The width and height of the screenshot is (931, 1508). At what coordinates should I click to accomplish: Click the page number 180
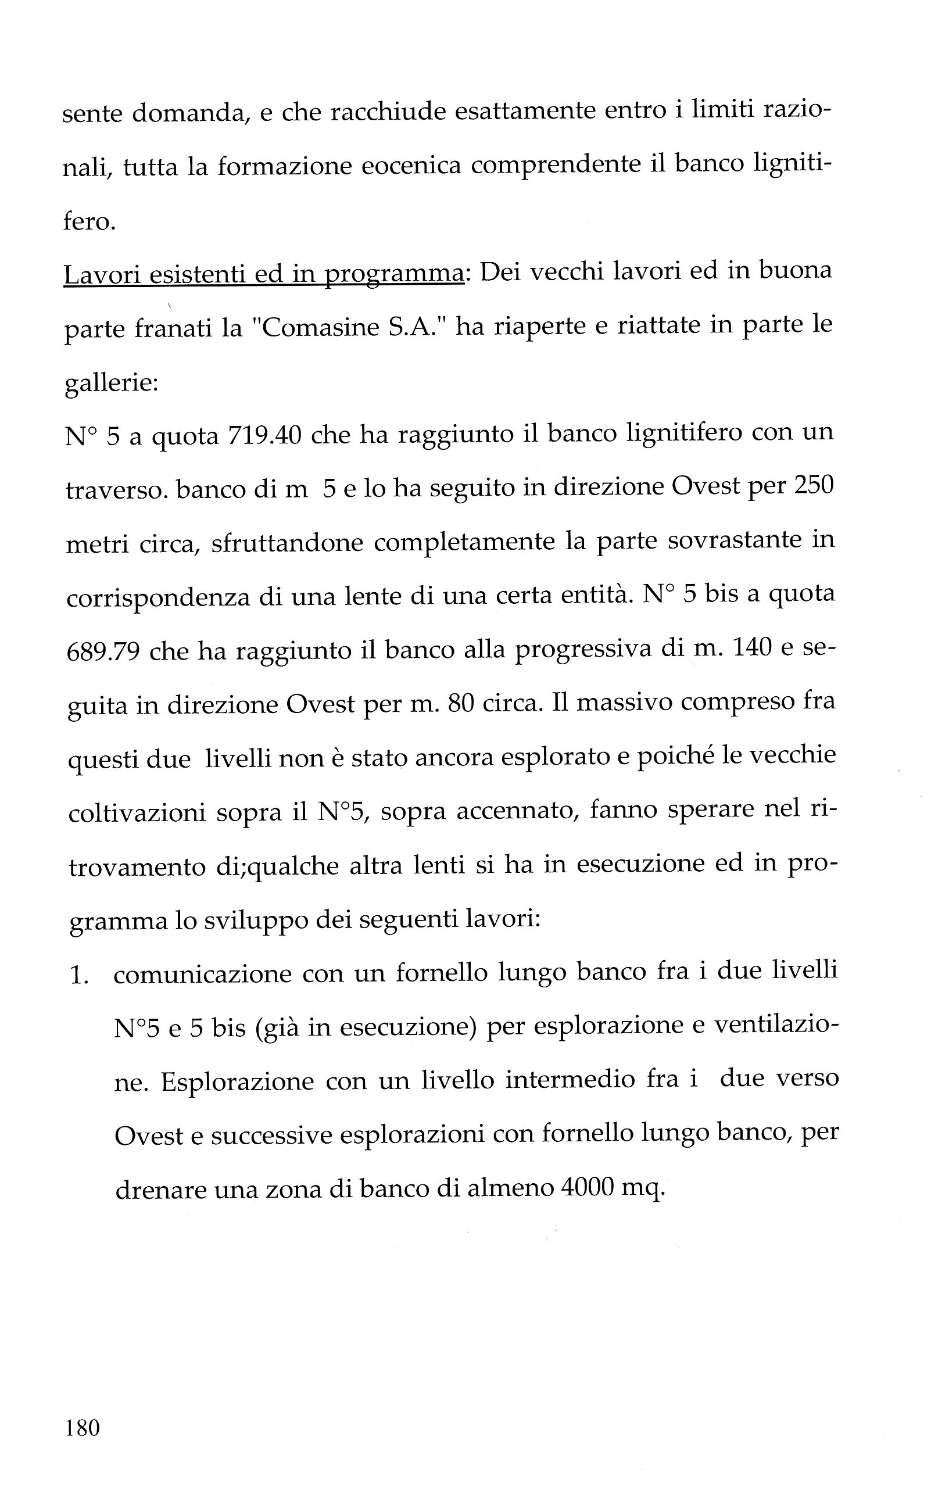click(x=82, y=1427)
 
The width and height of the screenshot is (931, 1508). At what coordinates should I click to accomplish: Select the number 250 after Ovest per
click(x=813, y=486)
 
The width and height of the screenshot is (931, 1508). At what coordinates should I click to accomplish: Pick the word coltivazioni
click(x=137, y=814)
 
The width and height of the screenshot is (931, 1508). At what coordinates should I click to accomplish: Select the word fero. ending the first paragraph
click(x=89, y=221)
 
